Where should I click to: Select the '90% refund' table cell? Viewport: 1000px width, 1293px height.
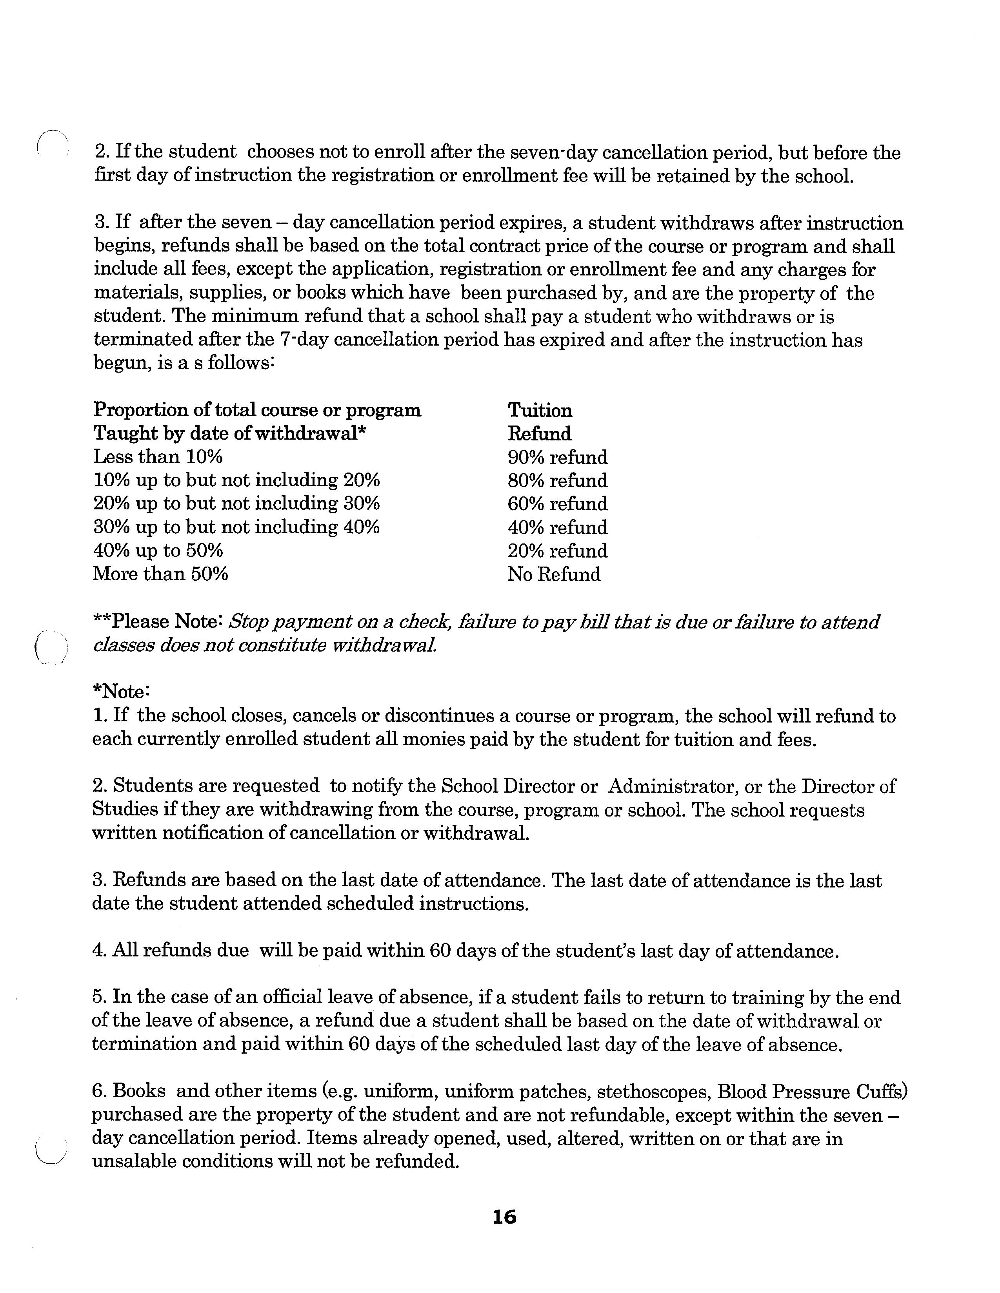click(x=558, y=457)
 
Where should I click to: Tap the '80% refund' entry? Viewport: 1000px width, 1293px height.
click(x=558, y=480)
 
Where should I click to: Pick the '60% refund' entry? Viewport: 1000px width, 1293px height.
click(x=558, y=504)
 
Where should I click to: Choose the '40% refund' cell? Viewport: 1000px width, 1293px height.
click(x=558, y=527)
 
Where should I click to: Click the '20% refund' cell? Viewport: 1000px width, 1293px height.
click(x=558, y=551)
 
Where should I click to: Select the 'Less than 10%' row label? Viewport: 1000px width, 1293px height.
click(x=158, y=456)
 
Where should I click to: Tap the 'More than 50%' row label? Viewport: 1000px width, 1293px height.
click(x=160, y=574)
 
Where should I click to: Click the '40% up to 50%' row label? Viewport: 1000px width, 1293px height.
click(x=158, y=551)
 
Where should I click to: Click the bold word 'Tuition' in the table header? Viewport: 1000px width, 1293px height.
click(x=540, y=410)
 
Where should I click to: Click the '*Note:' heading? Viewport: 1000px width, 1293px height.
click(x=122, y=692)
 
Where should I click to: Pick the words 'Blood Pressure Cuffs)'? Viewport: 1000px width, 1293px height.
click(x=813, y=1092)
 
